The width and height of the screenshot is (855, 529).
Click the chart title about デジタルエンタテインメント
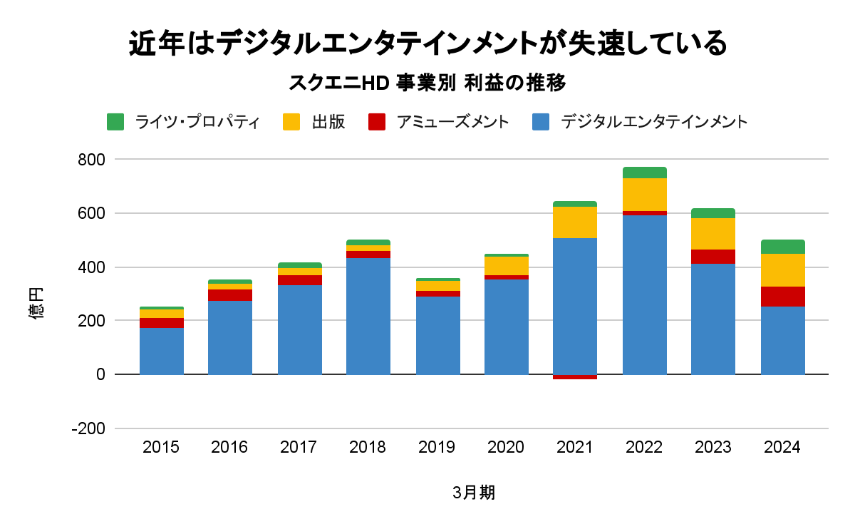coord(427,44)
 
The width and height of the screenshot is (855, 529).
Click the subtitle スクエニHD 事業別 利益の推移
coord(427,83)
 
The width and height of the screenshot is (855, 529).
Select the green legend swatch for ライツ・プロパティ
coord(115,122)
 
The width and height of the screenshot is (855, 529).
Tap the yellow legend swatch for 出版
coord(291,122)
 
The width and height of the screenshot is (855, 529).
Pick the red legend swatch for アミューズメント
coord(377,122)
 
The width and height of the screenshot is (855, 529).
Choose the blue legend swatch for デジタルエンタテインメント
coord(541,122)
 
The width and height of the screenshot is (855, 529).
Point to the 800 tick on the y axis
coord(91,160)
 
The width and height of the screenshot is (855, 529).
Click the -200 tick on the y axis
coord(88,428)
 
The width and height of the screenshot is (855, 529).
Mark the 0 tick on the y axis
coord(100,374)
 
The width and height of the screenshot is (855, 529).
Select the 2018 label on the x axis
coord(368,448)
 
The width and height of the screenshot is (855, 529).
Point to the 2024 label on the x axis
coord(782,448)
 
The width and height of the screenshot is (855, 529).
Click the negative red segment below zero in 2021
coord(575,377)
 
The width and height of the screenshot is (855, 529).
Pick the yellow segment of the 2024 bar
coord(783,270)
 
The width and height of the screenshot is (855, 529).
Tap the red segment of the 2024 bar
coord(783,297)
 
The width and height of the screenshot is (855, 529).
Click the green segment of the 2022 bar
coord(645,173)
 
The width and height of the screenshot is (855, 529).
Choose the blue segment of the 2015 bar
coord(162,351)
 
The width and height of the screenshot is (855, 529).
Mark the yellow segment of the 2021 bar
coord(575,222)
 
